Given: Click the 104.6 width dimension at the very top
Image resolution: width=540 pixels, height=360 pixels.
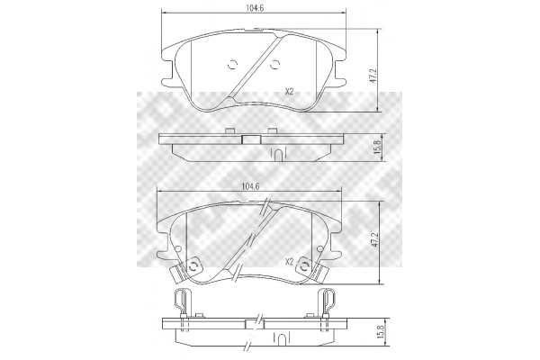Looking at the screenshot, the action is pyautogui.click(x=255, y=8).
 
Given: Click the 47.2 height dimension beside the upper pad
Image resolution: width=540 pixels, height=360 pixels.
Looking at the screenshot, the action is pyautogui.click(x=374, y=75).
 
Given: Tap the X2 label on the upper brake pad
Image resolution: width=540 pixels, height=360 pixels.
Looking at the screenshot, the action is pyautogui.click(x=289, y=92).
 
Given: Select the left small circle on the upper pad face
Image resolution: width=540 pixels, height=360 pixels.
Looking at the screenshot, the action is pyautogui.click(x=232, y=65).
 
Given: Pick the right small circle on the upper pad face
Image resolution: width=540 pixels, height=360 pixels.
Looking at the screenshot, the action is pyautogui.click(x=274, y=65).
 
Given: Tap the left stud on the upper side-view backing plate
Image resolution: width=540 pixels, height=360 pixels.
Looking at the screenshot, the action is pyautogui.click(x=229, y=130).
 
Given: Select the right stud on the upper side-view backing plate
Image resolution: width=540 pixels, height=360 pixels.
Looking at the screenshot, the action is pyautogui.click(x=273, y=130).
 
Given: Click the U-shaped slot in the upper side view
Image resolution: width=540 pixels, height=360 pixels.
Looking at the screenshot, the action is pyautogui.click(x=279, y=154).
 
